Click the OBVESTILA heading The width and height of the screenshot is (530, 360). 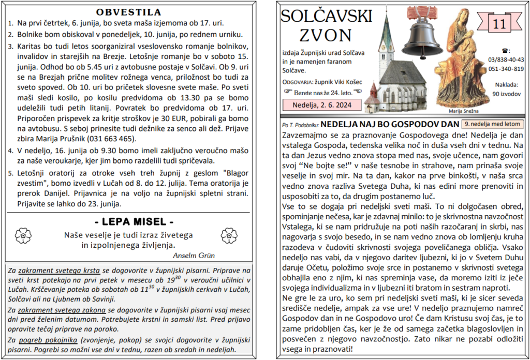128,12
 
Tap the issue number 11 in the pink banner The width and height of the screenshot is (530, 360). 499,24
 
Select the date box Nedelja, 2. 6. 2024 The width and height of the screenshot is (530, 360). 321,104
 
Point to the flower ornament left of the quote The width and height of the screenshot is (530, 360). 23,236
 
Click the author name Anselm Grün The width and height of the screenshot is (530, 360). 194,255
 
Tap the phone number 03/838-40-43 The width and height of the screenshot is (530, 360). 506,59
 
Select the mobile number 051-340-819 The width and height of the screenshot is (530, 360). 506,69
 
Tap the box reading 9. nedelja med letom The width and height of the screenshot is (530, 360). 492,124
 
